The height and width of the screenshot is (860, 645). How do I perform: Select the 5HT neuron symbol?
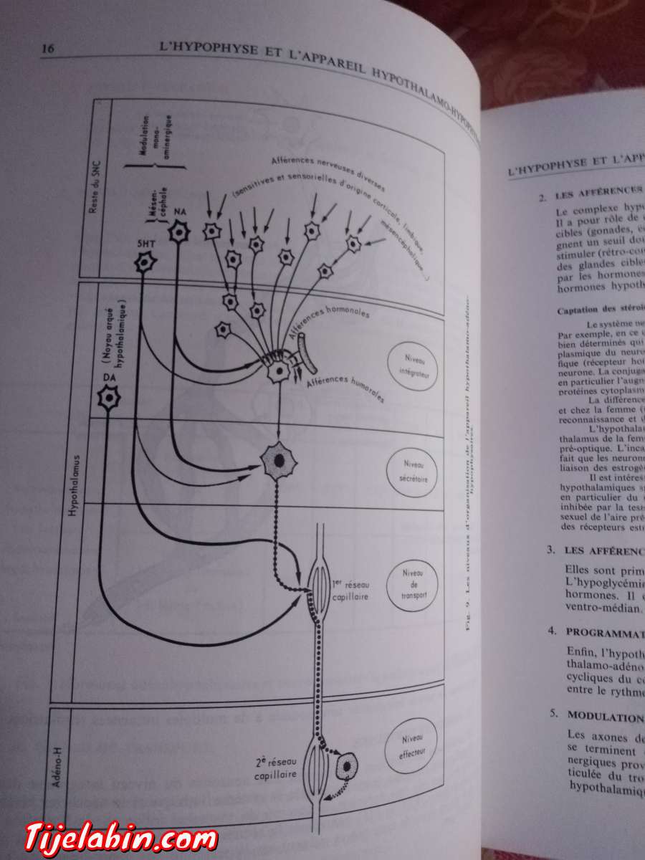pyautogui.click(x=145, y=262)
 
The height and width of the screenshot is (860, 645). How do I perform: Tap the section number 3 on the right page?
pyautogui.click(x=550, y=550)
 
